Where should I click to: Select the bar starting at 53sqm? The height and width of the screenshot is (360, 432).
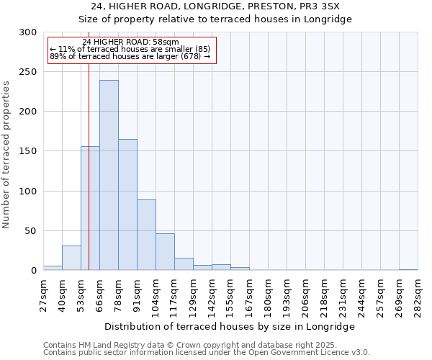pyautogui.click(x=90, y=208)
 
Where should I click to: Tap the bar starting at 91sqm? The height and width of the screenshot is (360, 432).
pyautogui.click(x=146, y=235)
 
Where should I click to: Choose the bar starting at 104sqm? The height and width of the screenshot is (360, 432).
pyautogui.click(x=165, y=251)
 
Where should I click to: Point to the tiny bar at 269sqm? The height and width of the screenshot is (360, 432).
pyautogui.click(x=408, y=269)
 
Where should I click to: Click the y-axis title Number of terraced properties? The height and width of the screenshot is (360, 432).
pyautogui.click(x=6, y=154)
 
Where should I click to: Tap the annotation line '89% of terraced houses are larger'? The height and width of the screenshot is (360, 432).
pyautogui.click(x=130, y=56)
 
